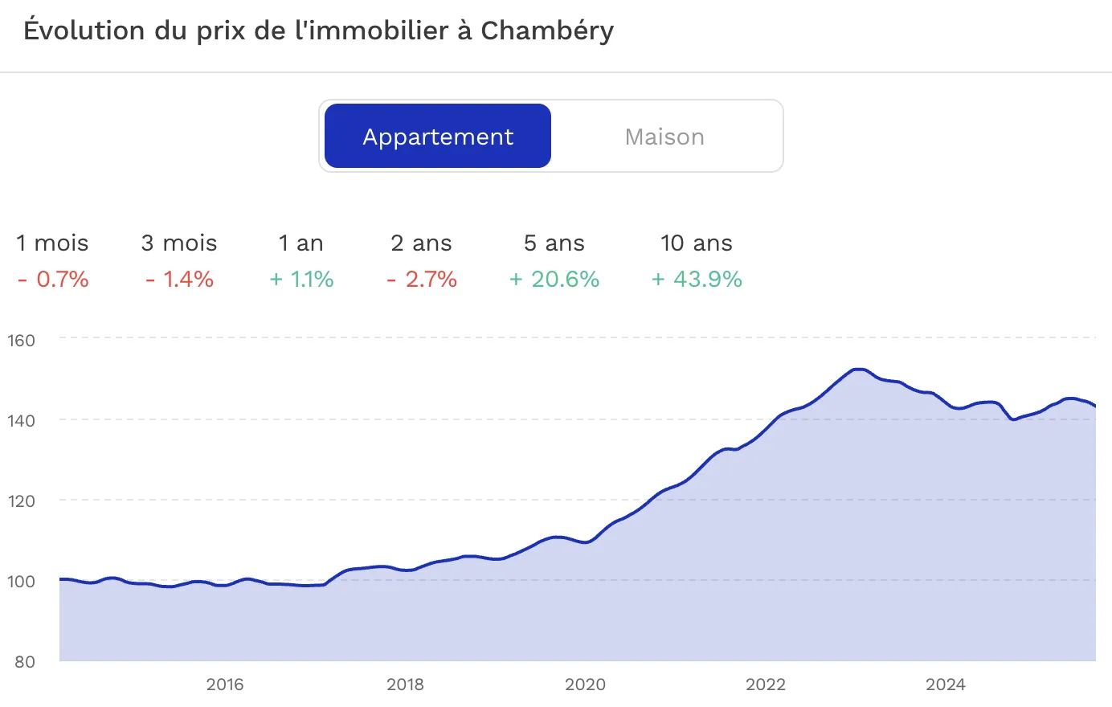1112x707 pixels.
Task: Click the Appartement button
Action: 438,137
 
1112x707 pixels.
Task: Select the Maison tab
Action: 664,137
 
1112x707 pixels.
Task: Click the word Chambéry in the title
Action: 547,31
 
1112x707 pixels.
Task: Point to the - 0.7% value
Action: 53,280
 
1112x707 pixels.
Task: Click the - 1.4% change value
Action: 179,280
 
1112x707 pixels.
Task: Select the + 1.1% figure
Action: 301,280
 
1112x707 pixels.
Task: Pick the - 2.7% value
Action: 422,280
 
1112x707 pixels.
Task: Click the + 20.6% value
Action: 554,280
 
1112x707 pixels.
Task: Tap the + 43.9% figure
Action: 697,280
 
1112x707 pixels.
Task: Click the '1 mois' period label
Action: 52,243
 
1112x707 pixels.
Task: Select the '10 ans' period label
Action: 697,243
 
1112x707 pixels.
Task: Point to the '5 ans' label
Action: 554,243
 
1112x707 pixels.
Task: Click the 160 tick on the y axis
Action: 22,340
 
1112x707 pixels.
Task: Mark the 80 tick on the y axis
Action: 25,662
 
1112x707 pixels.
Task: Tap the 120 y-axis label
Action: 22,501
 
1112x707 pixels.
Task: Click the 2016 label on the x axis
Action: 225,685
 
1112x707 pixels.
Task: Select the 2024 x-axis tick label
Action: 946,685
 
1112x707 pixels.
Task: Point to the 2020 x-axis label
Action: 585,685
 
